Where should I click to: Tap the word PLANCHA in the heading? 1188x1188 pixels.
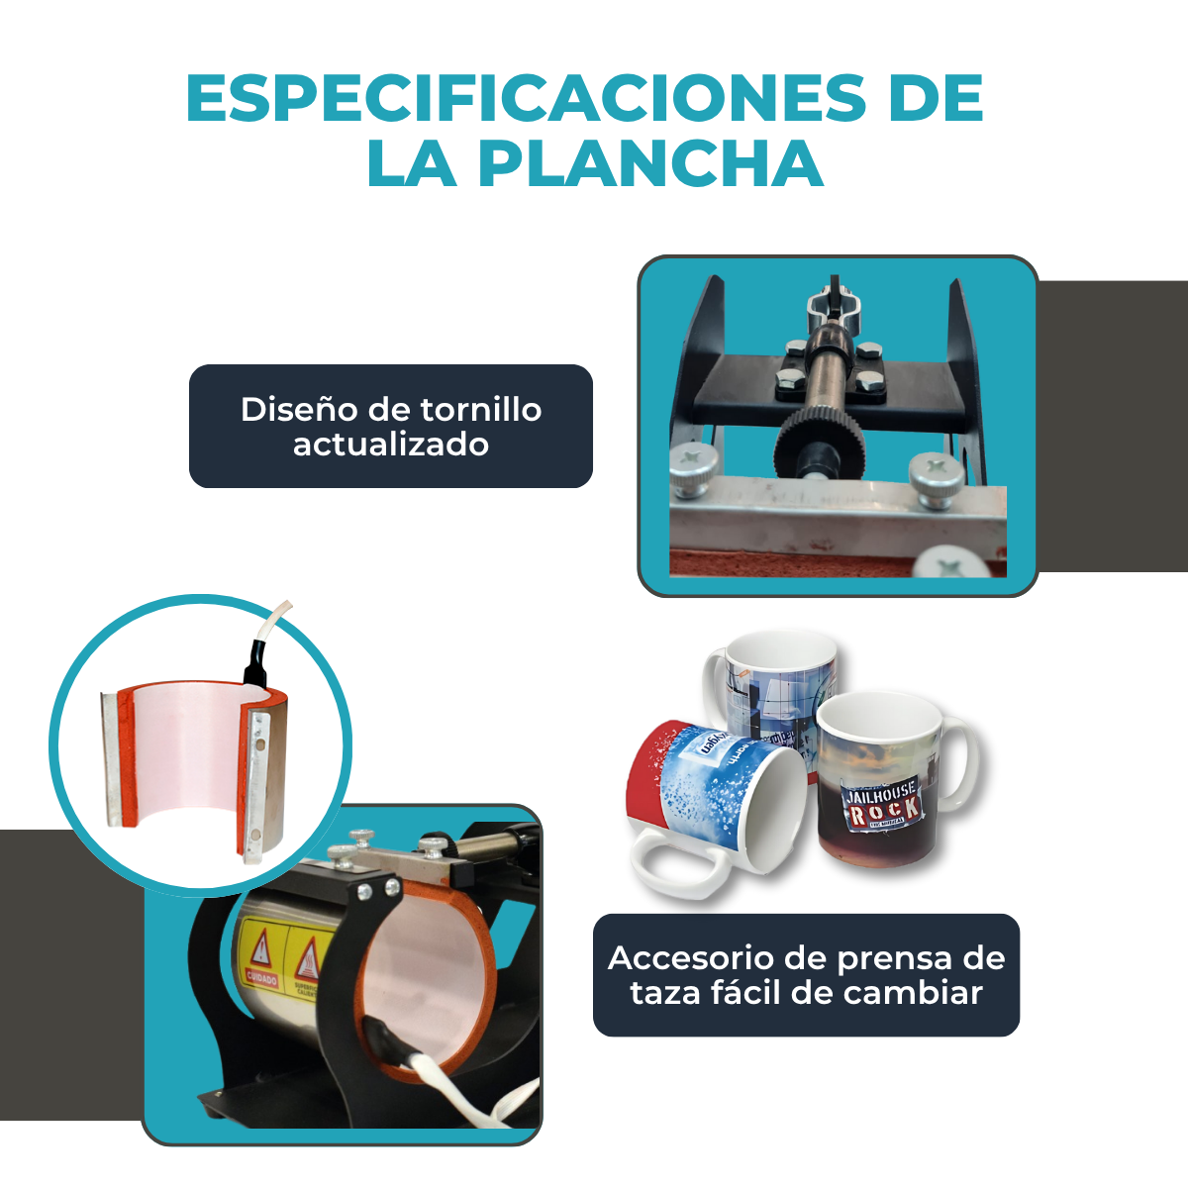650,163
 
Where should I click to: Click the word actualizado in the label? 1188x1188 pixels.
391,445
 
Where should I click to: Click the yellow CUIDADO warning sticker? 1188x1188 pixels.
261,955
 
